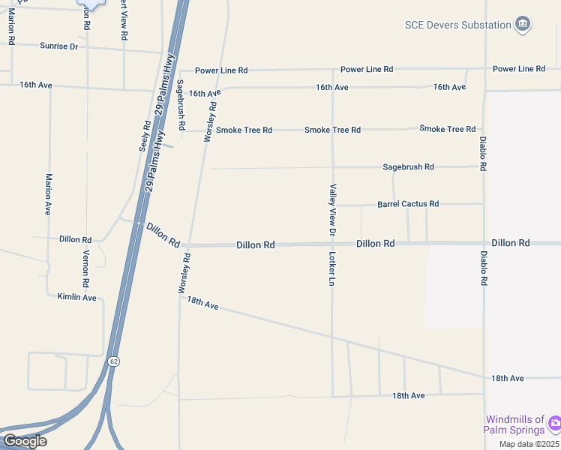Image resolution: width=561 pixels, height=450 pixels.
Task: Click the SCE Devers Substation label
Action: pos(457,25)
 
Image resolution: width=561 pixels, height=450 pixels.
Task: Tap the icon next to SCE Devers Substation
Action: pos(523,25)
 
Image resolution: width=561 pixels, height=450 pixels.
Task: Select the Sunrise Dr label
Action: pos(58,46)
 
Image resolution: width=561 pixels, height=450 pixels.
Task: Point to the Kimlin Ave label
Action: pos(77,297)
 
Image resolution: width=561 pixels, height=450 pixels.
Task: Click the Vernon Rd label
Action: pos(86,269)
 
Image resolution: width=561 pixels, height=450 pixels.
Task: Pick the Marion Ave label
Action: pos(48,194)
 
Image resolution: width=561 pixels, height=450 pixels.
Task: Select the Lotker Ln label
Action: pos(331,269)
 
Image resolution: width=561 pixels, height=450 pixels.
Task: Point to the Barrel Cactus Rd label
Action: pos(408,204)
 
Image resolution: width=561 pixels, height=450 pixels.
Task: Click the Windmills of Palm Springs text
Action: pos(514,424)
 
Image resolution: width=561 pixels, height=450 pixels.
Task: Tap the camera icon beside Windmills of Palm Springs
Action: pos(553,423)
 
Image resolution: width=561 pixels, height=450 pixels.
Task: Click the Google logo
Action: pos(24,441)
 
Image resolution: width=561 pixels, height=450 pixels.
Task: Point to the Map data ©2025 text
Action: pos(529,444)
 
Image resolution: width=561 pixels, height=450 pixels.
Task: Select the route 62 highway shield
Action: pos(113,361)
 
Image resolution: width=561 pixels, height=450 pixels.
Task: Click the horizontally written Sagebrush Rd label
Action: pos(408,166)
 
